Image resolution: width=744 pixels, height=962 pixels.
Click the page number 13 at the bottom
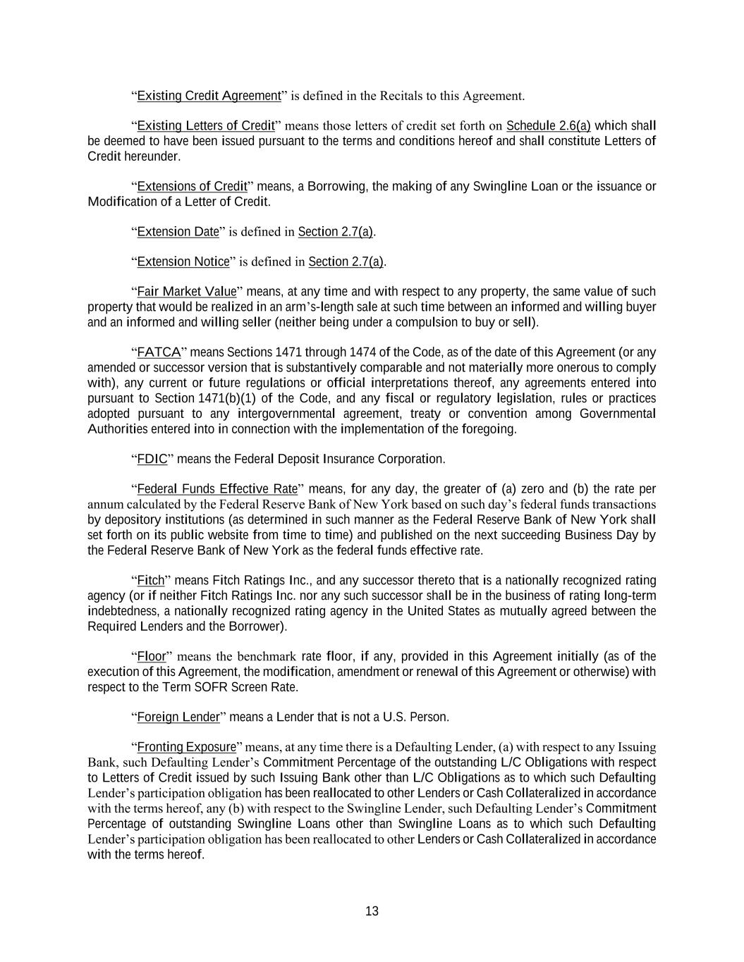(x=372, y=911)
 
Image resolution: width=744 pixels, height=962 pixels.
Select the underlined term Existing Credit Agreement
(x=209, y=96)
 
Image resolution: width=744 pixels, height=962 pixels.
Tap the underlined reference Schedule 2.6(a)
(x=548, y=126)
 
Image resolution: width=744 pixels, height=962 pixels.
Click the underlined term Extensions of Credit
(x=192, y=187)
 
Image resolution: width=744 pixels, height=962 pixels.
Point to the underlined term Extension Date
(x=178, y=232)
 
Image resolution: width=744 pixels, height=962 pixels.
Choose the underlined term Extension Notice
(x=183, y=262)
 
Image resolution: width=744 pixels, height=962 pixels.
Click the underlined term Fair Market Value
(x=187, y=292)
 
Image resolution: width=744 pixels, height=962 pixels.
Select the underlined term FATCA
(x=159, y=352)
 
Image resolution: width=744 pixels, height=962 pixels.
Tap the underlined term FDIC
(x=152, y=460)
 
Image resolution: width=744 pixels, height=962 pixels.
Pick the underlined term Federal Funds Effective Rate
(x=217, y=489)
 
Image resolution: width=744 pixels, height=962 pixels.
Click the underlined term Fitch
(x=150, y=581)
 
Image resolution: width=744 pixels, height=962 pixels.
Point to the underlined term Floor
(x=151, y=657)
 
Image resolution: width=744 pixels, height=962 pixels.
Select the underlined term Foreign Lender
(x=178, y=717)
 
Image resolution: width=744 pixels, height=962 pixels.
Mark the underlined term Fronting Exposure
(x=186, y=747)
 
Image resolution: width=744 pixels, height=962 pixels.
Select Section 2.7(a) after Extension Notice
(x=346, y=262)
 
